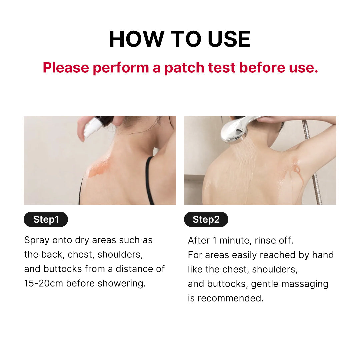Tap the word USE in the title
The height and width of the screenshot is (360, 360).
click(229, 39)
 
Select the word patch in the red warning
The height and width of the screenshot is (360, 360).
click(184, 68)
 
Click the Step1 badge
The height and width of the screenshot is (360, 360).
click(46, 219)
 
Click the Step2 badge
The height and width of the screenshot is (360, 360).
click(206, 219)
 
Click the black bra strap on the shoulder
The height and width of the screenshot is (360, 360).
click(149, 180)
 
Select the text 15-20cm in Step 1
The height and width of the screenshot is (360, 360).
click(44, 283)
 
